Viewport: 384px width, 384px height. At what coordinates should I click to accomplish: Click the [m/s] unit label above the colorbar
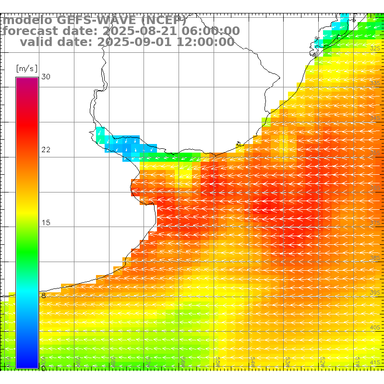coord(26,68)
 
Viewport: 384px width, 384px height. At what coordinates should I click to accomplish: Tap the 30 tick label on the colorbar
coord(46,77)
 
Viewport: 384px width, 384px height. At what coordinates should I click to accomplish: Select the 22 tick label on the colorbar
coord(46,150)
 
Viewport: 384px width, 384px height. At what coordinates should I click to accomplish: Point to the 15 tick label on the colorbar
coord(46,223)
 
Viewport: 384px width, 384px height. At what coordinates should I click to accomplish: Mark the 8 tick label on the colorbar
coord(44,296)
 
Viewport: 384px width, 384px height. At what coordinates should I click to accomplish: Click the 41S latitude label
coord(375,362)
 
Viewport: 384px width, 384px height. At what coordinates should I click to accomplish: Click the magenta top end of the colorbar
coord(27,80)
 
